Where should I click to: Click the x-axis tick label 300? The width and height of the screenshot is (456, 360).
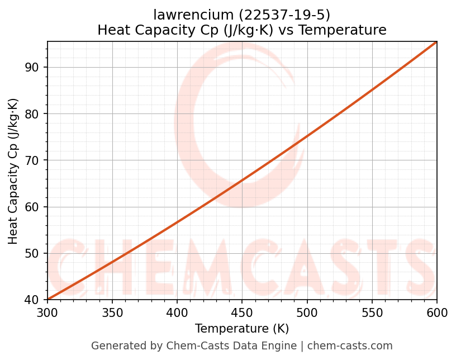point(47,313)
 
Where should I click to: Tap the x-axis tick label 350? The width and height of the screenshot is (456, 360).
point(112,313)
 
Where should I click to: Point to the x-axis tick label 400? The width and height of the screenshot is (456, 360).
point(177,313)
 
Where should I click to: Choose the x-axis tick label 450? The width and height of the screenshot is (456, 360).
point(242,313)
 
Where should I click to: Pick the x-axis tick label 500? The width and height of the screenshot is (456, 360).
point(307,313)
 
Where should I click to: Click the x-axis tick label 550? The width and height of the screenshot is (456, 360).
point(372,313)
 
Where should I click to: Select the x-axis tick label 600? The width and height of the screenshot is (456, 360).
point(436,313)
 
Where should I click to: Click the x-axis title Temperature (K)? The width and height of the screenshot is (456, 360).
point(242,329)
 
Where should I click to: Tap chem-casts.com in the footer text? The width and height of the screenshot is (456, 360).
point(350,346)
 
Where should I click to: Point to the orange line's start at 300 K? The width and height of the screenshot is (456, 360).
point(48,300)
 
